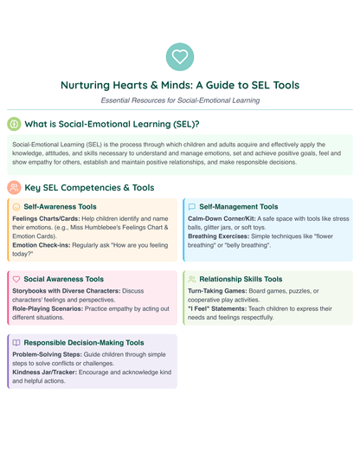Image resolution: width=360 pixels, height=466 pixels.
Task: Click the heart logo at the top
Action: click(180, 57)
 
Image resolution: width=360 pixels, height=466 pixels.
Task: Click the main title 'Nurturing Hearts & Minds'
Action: click(180, 86)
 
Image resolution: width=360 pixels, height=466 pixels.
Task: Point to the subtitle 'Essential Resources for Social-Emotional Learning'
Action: click(180, 100)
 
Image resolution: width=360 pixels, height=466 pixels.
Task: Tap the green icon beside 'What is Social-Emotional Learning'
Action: click(15, 124)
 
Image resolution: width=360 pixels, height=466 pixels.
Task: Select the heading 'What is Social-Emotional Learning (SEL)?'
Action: click(112, 124)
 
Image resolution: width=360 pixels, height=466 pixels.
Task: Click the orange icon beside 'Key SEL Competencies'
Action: click(15, 187)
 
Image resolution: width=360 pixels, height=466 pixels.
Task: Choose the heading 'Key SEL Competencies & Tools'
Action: click(89, 187)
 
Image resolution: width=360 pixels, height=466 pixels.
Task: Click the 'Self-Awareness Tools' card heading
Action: click(61, 207)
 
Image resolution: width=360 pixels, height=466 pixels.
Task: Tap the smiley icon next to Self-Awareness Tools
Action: click(16, 207)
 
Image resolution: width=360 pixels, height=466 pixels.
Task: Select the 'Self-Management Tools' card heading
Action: click(239, 207)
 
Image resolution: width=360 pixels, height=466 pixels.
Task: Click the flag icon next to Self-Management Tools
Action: click(192, 207)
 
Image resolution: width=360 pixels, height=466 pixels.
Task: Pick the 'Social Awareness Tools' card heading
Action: click(64, 279)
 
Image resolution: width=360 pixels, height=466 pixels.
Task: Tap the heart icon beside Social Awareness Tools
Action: click(16, 279)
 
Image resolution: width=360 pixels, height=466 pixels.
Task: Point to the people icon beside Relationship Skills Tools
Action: click(192, 279)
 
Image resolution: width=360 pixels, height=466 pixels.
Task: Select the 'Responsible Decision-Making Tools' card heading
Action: click(84, 342)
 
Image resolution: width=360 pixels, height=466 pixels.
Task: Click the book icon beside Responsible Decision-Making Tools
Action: click(16, 342)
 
